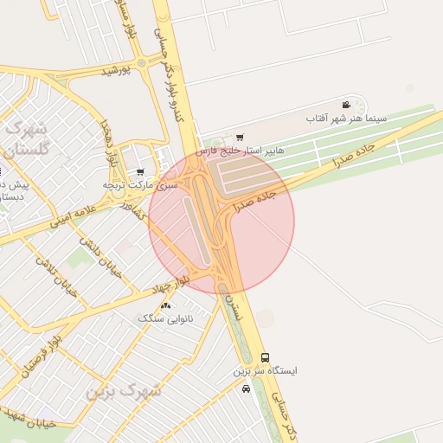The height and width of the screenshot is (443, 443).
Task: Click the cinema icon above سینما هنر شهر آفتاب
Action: pos(346,105)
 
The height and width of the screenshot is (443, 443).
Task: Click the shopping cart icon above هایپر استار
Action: pos(240,137)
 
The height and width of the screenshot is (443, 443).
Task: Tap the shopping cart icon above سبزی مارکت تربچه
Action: pos(140,172)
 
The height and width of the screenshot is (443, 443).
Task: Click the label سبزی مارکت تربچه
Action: pos(140,184)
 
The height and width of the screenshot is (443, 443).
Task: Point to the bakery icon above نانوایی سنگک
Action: pos(165,305)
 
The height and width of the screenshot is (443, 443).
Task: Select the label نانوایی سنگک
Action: pos(165,318)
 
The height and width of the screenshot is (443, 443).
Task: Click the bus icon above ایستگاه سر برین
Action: pos(265,357)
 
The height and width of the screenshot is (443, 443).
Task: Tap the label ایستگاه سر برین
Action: pos(265,370)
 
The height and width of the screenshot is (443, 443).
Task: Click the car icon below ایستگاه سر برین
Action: pos(247,388)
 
